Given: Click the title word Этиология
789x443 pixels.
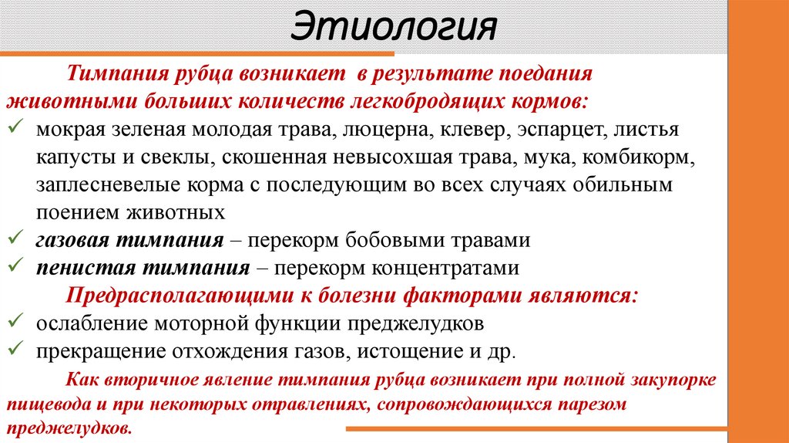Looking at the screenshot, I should point(394,29).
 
